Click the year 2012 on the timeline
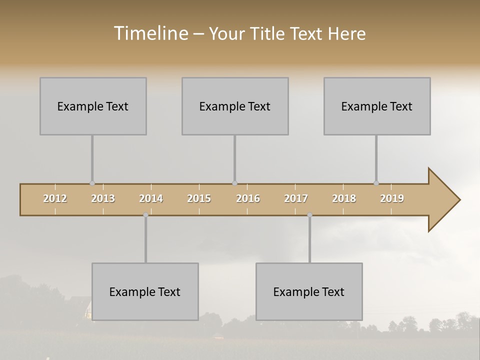click(x=55, y=198)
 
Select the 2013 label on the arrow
click(x=103, y=198)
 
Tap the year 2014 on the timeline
click(x=151, y=198)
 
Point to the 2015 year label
click(x=199, y=198)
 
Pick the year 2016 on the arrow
click(x=248, y=198)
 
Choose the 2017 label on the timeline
click(x=296, y=198)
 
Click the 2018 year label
click(x=344, y=198)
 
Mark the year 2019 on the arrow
click(x=392, y=198)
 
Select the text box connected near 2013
click(x=93, y=106)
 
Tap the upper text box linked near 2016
click(x=235, y=106)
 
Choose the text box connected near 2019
click(x=377, y=106)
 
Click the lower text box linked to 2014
click(x=145, y=291)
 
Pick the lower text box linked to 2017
click(x=309, y=291)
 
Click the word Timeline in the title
click(x=150, y=33)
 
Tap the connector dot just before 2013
click(x=92, y=183)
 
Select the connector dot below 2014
click(x=145, y=215)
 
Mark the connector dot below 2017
click(x=309, y=215)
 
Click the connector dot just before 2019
click(x=376, y=183)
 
